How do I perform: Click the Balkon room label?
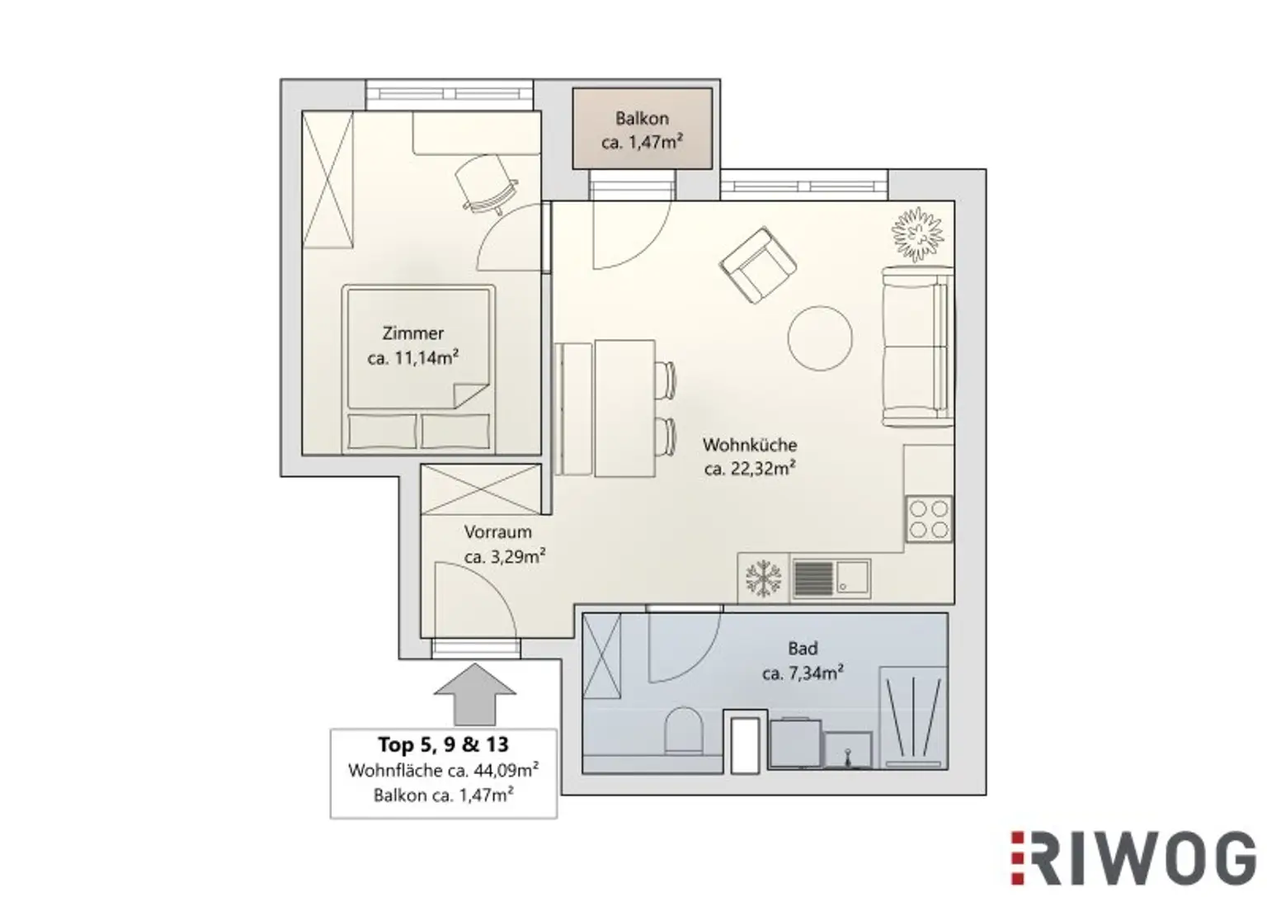[x=641, y=119]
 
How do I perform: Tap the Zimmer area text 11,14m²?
[x=413, y=358]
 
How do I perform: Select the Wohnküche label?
[x=749, y=445]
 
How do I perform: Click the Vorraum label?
[x=497, y=532]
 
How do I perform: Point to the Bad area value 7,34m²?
[x=802, y=673]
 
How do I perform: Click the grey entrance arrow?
[x=474, y=693]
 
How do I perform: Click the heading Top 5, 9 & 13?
[x=443, y=744]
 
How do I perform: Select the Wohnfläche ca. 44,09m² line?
[x=443, y=771]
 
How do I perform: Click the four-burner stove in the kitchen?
[x=929, y=519]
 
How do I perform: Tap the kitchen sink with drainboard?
[x=831, y=578]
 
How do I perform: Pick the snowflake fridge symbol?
[x=763, y=578]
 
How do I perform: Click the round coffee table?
[x=820, y=338]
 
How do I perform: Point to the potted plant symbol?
[x=917, y=234]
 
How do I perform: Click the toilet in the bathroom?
[x=683, y=729]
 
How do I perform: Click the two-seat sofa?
[x=915, y=347]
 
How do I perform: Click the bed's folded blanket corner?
[x=467, y=394]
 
